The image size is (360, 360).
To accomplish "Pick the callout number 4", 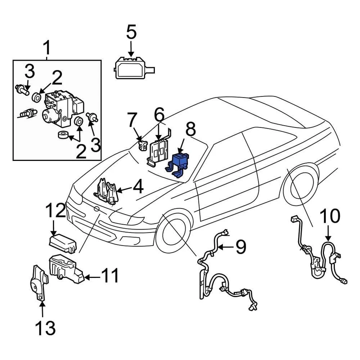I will coord(138,186).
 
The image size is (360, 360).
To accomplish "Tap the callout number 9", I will coord(240,247).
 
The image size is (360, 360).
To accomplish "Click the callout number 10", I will coord(330,217).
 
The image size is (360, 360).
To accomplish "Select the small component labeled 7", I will coord(142,145).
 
